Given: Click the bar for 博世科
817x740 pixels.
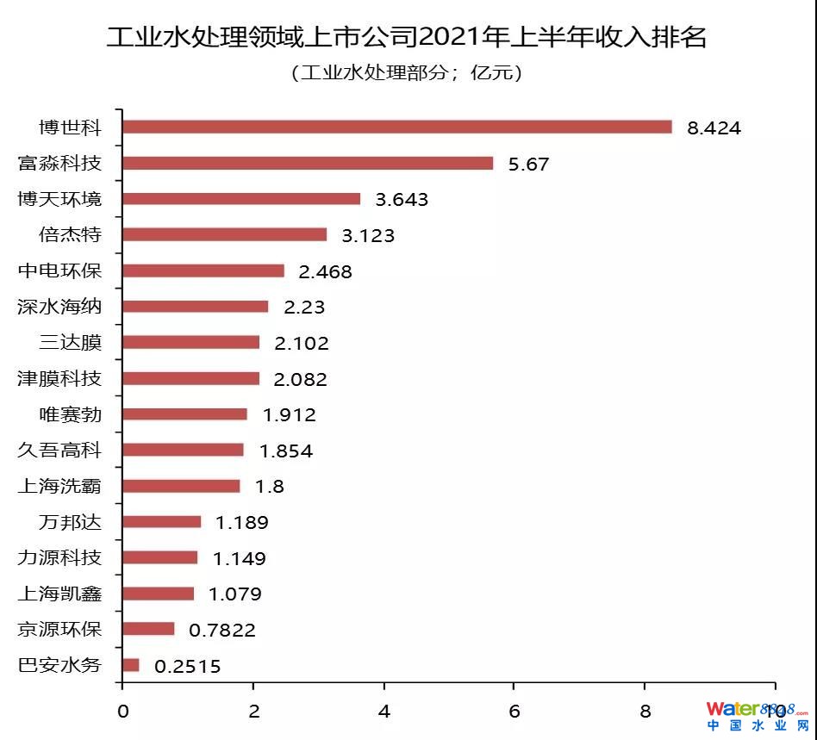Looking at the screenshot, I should point(396,127).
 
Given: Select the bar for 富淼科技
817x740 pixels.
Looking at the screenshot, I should point(308,163).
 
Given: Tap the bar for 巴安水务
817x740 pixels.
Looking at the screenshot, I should point(131,665).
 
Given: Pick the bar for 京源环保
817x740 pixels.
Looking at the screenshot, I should point(148,629).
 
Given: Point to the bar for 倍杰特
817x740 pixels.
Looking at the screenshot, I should point(224,234).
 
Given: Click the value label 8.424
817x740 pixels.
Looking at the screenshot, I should point(714,128).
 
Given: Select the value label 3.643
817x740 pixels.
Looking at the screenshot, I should point(402,200).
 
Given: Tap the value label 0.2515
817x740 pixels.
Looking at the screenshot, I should point(187,666).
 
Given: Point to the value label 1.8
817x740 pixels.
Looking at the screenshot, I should point(269,487).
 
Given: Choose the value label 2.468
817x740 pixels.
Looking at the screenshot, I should point(325,272).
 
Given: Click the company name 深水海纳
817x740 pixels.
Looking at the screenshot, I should point(59,307).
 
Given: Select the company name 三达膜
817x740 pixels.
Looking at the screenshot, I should point(70,343).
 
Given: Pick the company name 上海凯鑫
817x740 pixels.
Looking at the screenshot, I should point(59,594).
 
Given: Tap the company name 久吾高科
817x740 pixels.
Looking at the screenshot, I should point(59,450).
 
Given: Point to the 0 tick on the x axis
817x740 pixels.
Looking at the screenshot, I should point(122,711).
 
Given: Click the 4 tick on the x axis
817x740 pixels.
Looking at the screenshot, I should point(384,711).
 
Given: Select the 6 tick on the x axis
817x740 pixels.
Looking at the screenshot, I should point(514,711).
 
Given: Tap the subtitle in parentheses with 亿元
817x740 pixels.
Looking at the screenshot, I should point(407,73).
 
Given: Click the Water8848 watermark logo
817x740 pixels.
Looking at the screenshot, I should point(757,714).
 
